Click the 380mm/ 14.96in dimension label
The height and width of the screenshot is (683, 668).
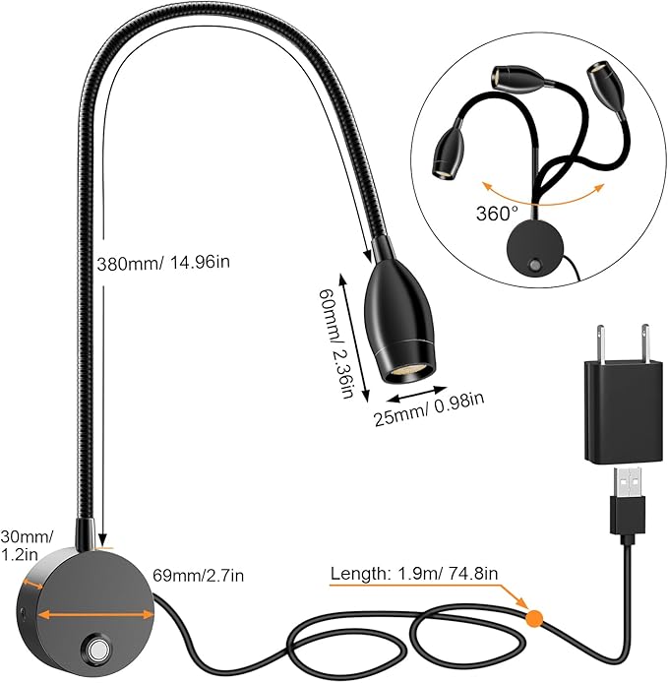click(163, 263)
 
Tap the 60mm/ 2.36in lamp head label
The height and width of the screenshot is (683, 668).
click(336, 343)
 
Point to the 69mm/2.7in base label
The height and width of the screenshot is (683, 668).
click(198, 576)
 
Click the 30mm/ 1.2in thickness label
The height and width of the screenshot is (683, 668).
click(27, 544)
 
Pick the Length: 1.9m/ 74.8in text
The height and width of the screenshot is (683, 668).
click(414, 573)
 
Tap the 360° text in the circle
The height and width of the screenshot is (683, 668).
click(497, 214)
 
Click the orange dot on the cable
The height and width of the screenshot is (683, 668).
click(534, 618)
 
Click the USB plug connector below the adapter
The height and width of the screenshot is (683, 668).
click(628, 501)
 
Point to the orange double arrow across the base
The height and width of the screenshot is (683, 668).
click(96, 615)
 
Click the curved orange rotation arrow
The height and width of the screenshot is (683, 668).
click(544, 196)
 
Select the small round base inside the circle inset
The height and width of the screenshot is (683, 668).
click(535, 247)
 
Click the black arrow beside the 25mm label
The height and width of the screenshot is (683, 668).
click(417, 394)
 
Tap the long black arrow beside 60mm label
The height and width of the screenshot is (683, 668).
click(354, 338)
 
